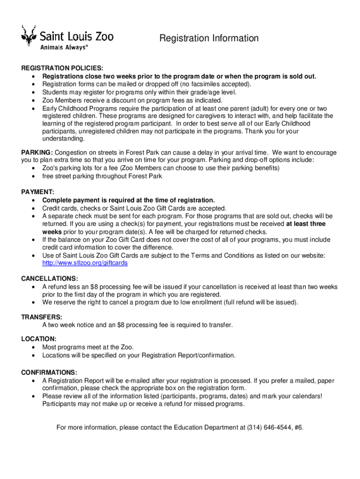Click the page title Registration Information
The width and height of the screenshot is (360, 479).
point(209,38)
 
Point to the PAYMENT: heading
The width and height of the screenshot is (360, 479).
point(38,192)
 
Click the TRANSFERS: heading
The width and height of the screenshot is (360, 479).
point(42,317)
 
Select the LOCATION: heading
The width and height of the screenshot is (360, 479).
point(39,339)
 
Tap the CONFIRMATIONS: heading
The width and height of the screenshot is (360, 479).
point(49,372)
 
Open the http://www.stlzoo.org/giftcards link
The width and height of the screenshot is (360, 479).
point(85,263)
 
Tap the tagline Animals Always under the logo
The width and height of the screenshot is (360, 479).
point(64,48)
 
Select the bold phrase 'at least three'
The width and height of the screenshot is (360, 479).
point(306,224)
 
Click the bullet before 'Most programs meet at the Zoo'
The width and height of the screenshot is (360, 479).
point(33,347)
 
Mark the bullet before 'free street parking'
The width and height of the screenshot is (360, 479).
point(33,176)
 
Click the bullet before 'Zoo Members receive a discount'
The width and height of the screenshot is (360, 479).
point(33,100)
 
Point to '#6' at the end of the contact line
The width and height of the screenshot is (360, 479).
point(298,427)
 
